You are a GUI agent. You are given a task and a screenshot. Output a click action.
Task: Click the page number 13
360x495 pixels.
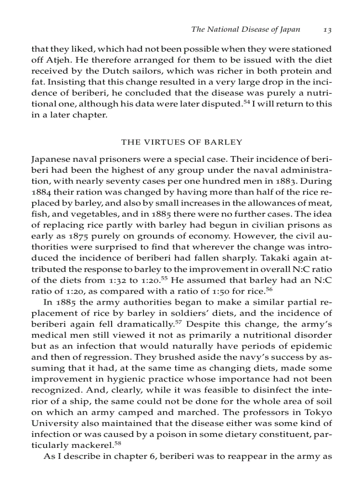click(327, 30)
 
